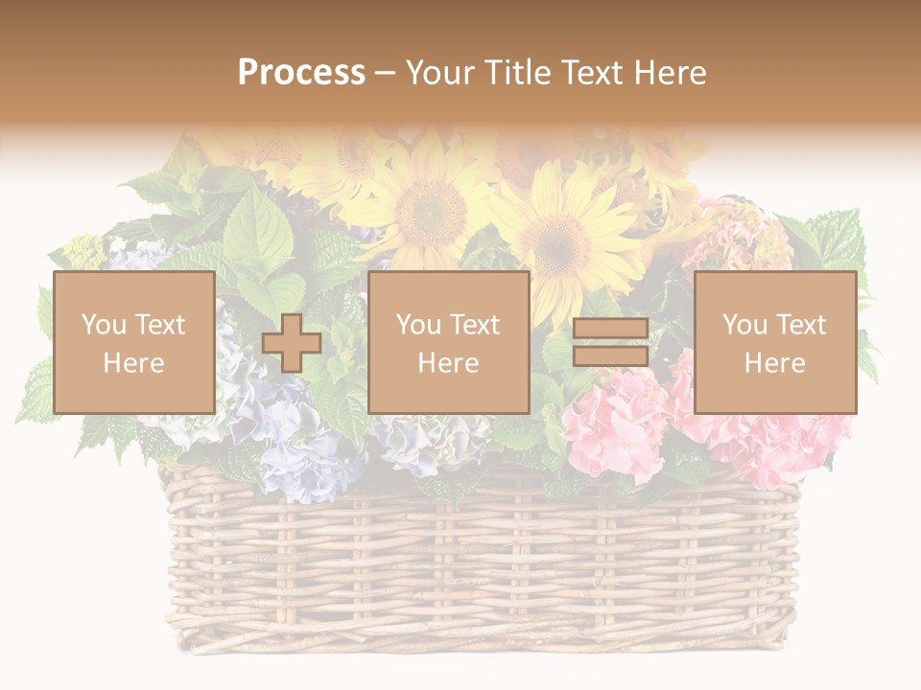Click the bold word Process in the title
301,73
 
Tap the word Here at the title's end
669,73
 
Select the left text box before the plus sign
133,342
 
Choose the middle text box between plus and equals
448,342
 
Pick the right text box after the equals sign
774,342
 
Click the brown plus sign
292,343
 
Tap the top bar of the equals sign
610,329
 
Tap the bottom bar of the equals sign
610,356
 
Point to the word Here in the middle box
448,363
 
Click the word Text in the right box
801,325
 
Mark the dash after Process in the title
385,74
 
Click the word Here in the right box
774,363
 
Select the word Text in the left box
159,325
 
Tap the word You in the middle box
418,325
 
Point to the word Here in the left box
133,363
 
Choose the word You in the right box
744,325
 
